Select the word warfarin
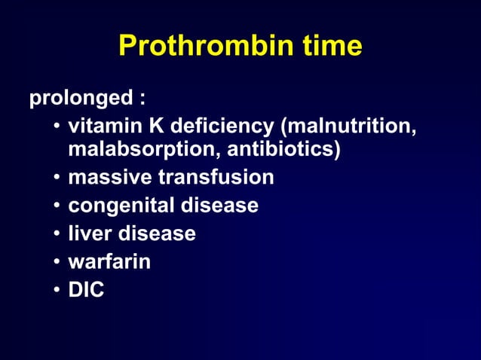click(x=109, y=261)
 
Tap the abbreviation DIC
click(x=86, y=289)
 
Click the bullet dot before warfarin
click(x=57, y=262)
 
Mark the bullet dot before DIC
click(x=57, y=290)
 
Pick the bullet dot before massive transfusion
click(x=57, y=178)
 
